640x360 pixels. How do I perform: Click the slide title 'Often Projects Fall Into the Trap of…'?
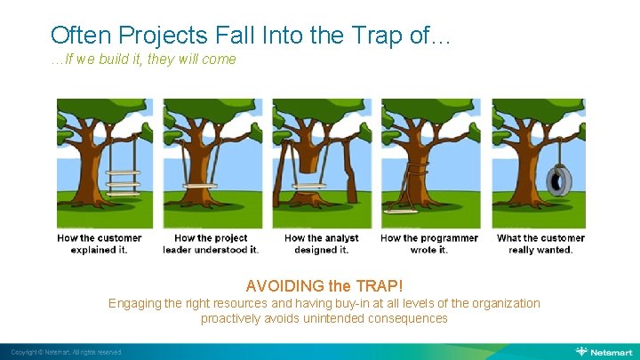[251, 35]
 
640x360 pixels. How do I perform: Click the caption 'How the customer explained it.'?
[99, 244]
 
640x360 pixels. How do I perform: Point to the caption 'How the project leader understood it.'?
[211, 244]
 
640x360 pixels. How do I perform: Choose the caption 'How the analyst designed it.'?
[321, 244]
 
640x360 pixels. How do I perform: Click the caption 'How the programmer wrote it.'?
[429, 244]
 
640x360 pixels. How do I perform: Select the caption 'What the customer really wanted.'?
[540, 244]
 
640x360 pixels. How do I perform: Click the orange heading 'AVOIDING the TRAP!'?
[324, 286]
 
